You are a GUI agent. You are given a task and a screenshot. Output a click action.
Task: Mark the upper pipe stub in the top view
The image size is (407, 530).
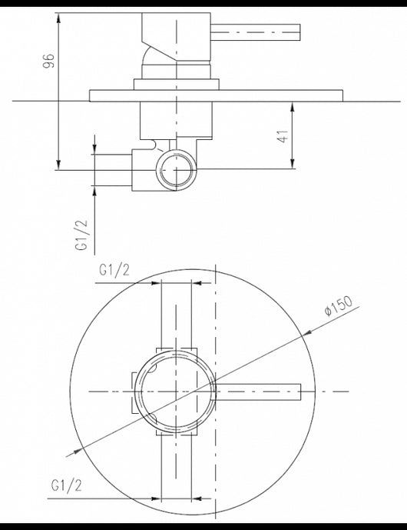click(x=176, y=315)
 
